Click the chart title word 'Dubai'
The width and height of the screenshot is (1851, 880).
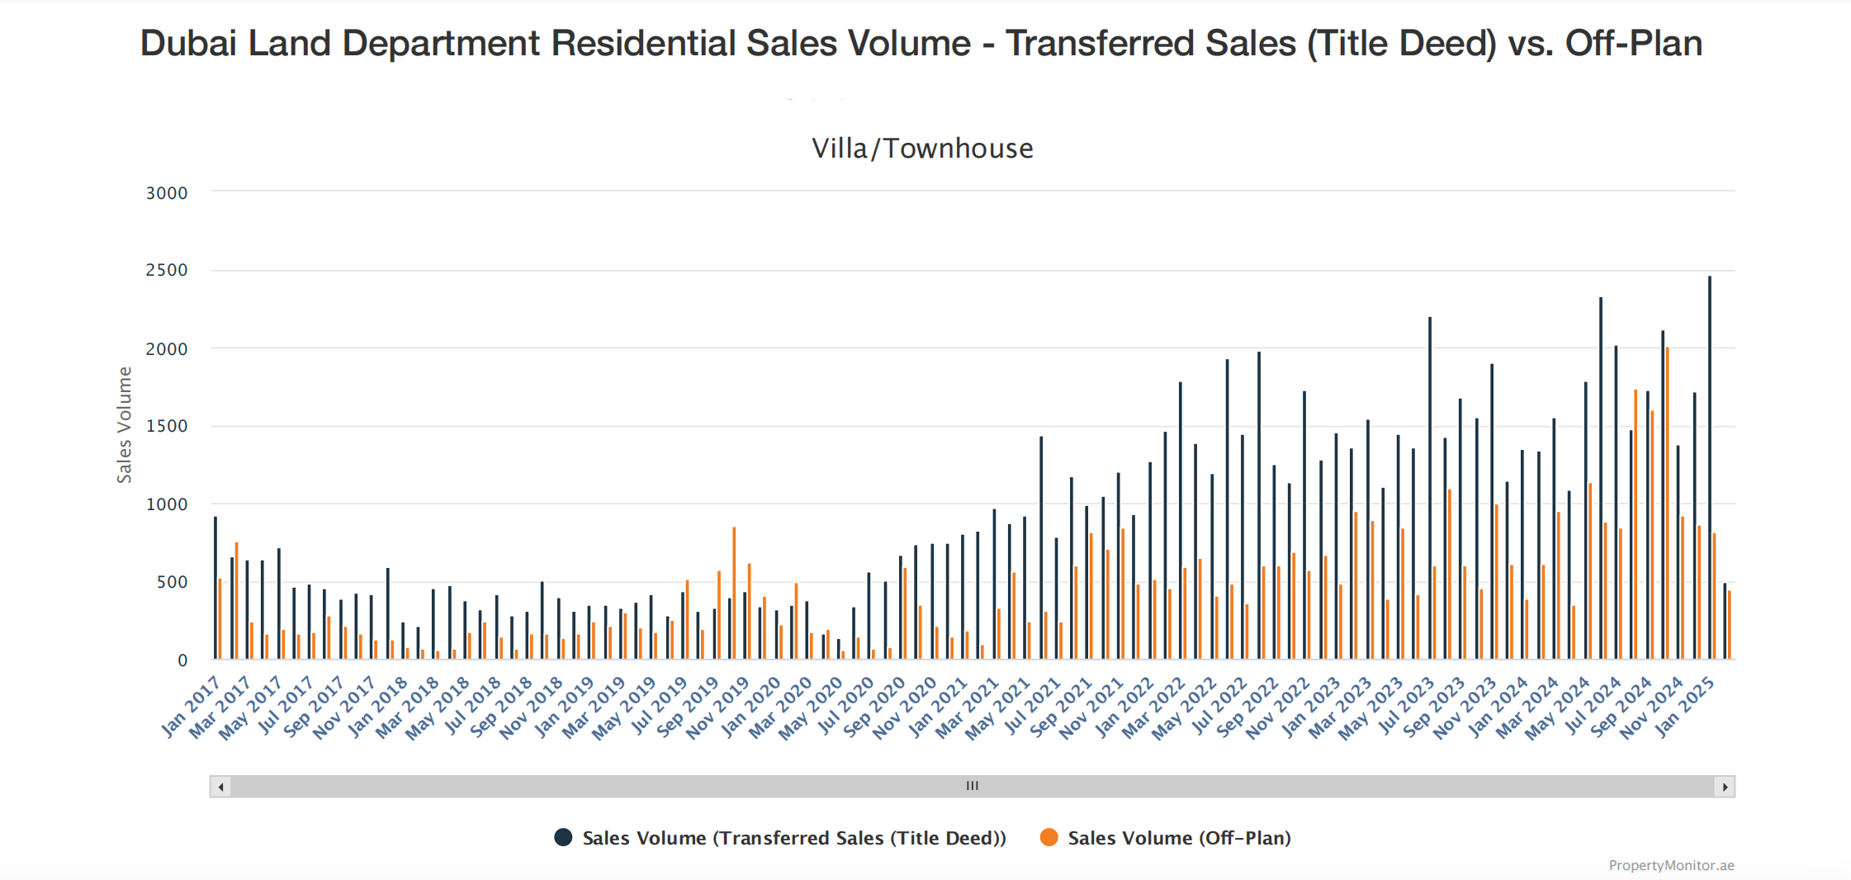(x=188, y=44)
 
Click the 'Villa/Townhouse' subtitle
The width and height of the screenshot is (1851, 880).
(x=922, y=149)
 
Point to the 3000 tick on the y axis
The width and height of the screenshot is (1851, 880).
(x=167, y=193)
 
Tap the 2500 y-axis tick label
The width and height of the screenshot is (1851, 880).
(x=167, y=270)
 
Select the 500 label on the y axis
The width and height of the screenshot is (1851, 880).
(x=172, y=582)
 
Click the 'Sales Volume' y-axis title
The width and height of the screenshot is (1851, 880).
(x=125, y=424)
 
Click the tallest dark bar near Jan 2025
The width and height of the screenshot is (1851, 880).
(x=1710, y=466)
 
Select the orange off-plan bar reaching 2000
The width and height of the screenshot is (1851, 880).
(x=1668, y=504)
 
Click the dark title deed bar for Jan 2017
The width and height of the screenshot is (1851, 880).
(x=215, y=588)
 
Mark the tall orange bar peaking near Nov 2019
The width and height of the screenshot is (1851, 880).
(x=734, y=593)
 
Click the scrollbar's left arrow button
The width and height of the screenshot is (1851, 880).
(x=220, y=787)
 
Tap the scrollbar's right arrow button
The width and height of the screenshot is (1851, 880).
(x=1725, y=787)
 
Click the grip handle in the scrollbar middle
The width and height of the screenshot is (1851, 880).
(x=973, y=787)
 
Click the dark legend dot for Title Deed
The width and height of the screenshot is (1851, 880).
(x=563, y=837)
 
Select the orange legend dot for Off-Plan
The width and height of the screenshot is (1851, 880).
(x=1049, y=837)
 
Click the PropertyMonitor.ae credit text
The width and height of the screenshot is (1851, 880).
(x=1671, y=865)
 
